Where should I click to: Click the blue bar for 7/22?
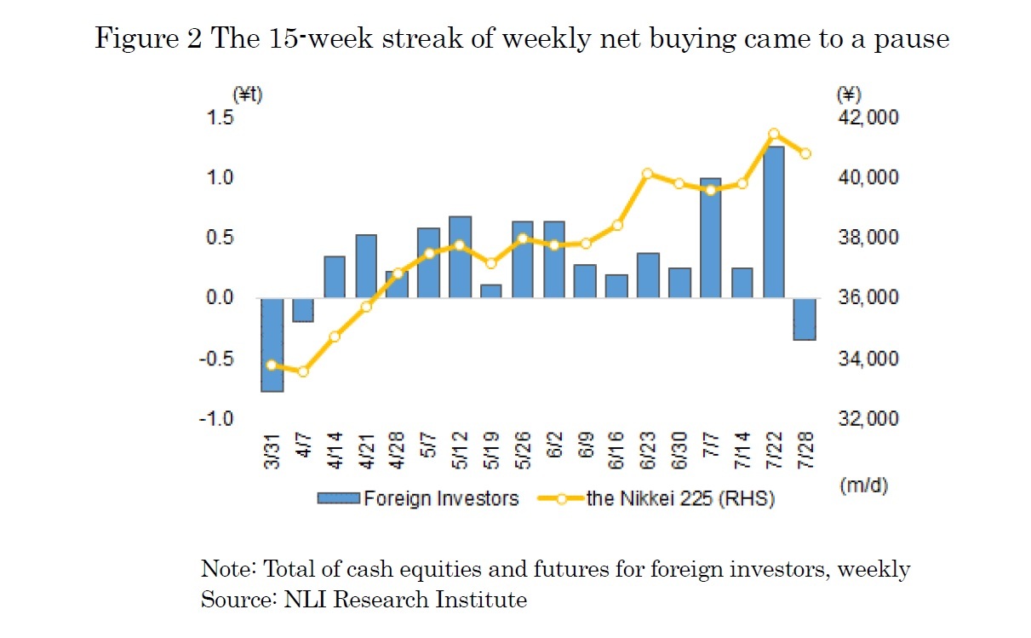point(773,222)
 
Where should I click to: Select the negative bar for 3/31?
point(272,345)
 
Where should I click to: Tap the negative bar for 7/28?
point(805,319)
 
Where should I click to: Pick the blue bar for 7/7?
point(710,239)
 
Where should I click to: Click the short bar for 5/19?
point(491,291)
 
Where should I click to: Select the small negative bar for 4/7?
point(303,310)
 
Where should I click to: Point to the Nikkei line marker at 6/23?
point(647,173)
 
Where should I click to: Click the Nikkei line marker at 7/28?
point(805,153)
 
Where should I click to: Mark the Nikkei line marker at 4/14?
point(335,336)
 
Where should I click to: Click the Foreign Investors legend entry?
point(417,498)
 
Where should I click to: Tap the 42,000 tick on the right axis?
point(868,118)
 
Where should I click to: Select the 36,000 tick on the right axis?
point(868,298)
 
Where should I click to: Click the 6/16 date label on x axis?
point(616,449)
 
